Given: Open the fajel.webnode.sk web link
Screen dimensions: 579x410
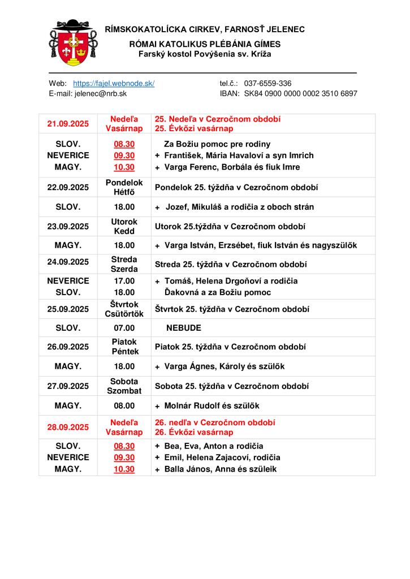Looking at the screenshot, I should click(x=114, y=83).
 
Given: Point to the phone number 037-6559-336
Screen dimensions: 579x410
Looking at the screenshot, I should click(x=267, y=83).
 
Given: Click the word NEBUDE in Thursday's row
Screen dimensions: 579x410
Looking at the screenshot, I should click(x=184, y=328).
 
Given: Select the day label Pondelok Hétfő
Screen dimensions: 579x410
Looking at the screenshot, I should click(x=124, y=187).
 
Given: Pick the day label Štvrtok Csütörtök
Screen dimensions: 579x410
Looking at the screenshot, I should click(x=124, y=309).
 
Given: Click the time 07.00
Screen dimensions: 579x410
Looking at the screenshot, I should click(x=124, y=328).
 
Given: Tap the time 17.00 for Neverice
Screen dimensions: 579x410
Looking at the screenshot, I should click(x=124, y=281).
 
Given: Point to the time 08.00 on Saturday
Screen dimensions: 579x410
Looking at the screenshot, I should click(x=124, y=405).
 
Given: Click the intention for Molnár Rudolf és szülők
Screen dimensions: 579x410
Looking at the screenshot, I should click(x=212, y=405).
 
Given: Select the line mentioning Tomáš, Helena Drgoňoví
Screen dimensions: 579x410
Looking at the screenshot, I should click(x=231, y=281).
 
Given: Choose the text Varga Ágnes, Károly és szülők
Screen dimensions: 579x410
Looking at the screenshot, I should click(x=224, y=366).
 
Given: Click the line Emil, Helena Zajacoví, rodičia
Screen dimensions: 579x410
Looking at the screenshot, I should click(x=222, y=457).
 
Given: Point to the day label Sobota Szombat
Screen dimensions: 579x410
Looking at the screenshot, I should click(x=124, y=386).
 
